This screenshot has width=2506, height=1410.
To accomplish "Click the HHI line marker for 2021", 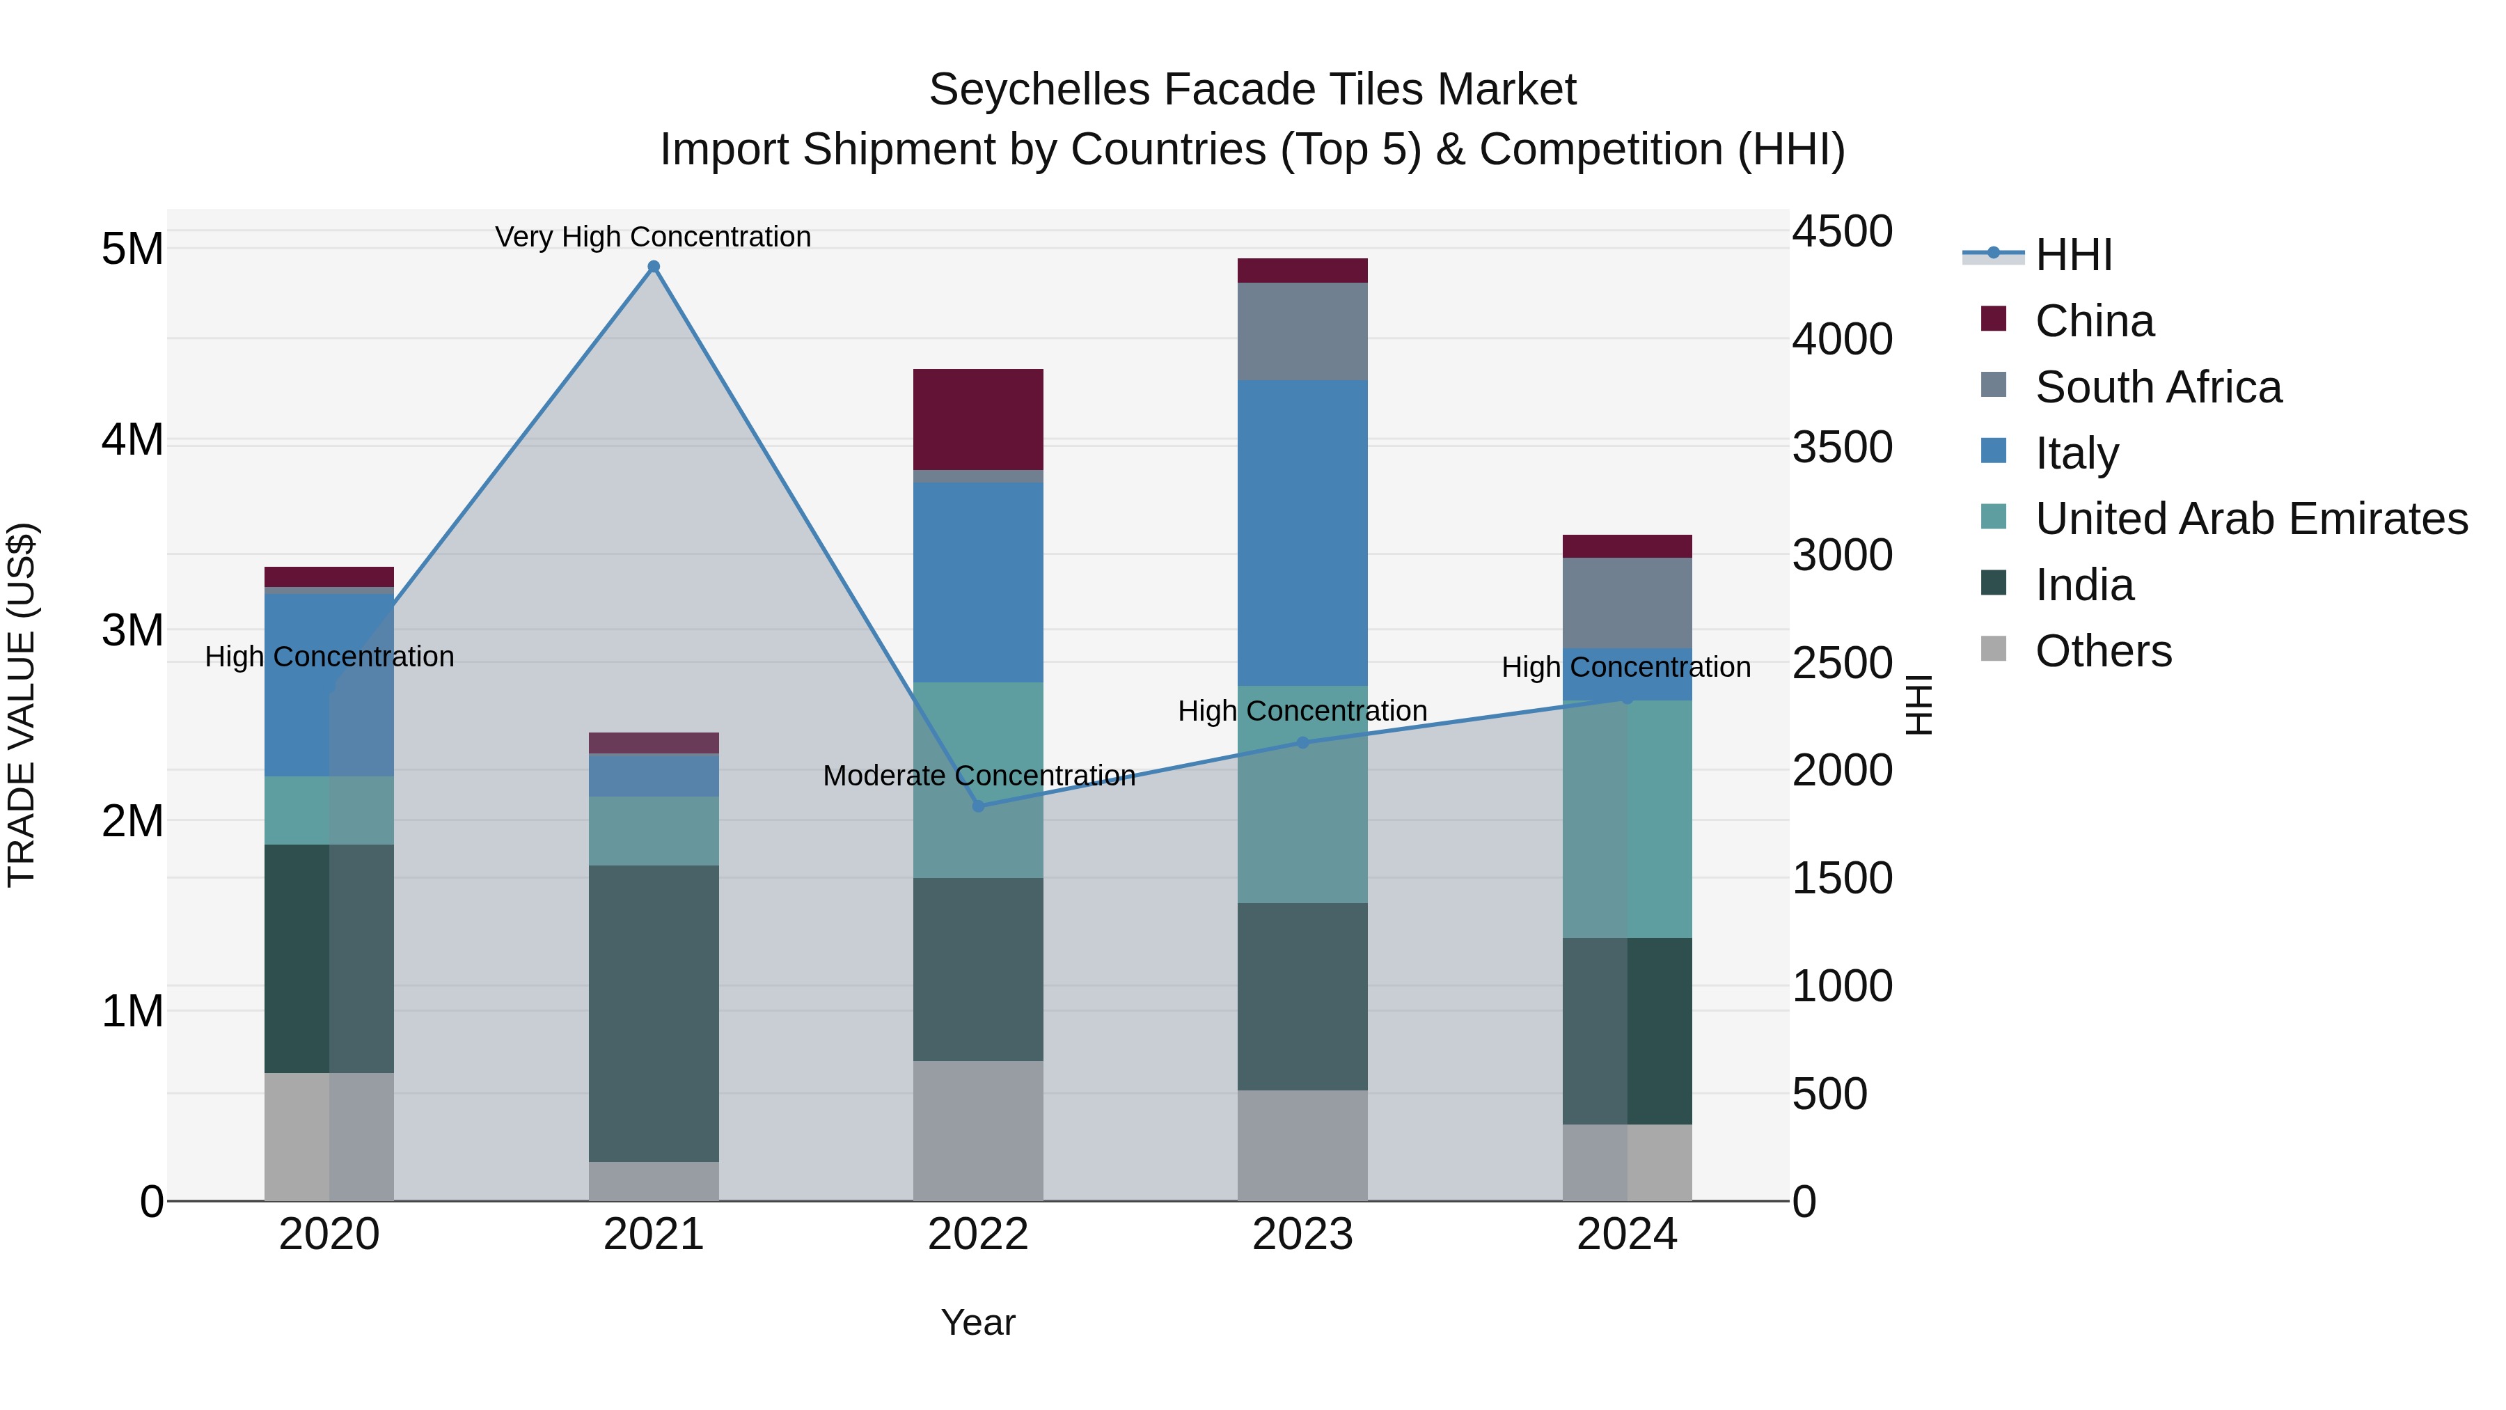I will click(x=654, y=267).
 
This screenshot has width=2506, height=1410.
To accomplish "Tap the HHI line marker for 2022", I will click(x=979, y=806).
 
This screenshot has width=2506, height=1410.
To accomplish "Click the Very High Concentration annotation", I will click(x=653, y=237).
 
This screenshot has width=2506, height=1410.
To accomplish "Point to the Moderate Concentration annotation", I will click(x=979, y=776).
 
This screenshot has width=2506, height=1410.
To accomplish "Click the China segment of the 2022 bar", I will click(x=978, y=419).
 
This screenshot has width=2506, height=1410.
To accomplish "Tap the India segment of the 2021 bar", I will click(x=654, y=1013).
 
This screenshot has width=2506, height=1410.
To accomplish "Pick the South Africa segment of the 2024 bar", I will click(x=1627, y=602).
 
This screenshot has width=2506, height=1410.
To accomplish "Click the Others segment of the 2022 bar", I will click(x=978, y=1131).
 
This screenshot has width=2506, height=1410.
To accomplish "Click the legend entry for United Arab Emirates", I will click(x=2251, y=519).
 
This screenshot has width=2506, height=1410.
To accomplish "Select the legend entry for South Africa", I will click(x=2158, y=387).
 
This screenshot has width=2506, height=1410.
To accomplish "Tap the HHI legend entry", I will click(x=2072, y=255).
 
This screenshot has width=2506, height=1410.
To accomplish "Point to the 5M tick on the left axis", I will click(x=132, y=249).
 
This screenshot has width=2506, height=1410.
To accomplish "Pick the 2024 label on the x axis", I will click(x=1627, y=1235).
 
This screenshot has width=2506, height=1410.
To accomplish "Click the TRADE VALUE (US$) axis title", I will click(x=22, y=705).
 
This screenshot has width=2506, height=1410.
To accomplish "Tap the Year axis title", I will click(x=978, y=1322).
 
